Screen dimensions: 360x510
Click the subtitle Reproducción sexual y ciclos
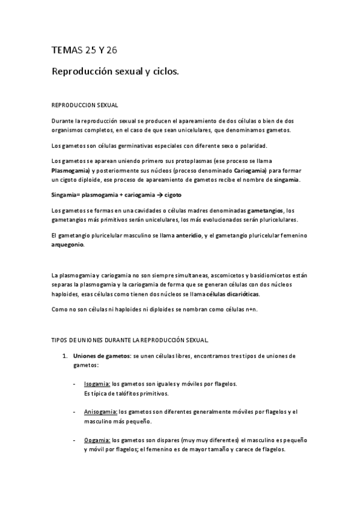[x=115, y=72]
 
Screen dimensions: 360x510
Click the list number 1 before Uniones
[x=64, y=356]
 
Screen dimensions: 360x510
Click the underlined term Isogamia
[x=97, y=383]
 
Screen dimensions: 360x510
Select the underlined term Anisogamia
[x=100, y=412]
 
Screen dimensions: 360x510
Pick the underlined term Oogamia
[x=97, y=440]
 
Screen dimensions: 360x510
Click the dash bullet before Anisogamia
[x=74, y=412]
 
